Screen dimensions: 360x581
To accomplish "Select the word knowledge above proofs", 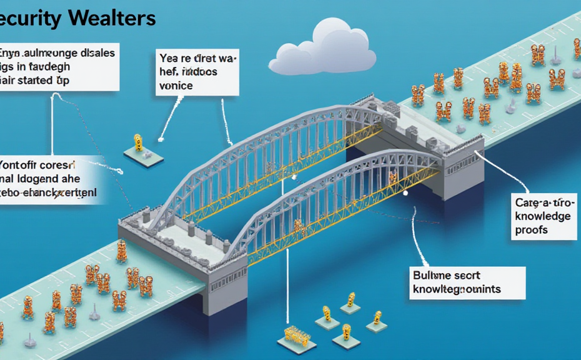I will (x=542, y=216).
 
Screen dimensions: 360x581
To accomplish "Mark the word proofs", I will (x=532, y=229).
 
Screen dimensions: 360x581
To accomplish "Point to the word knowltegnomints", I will (x=457, y=289).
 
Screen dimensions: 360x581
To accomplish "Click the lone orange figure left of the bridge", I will (x=138, y=142).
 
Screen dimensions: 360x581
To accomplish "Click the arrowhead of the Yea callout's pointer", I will (x=161, y=138).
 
